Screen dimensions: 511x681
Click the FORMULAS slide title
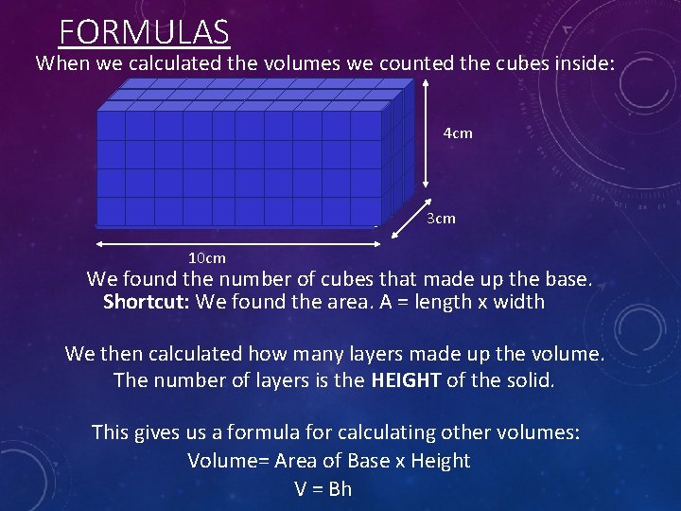(144, 32)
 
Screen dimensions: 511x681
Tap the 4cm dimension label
(458, 133)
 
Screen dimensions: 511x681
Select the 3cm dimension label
(441, 219)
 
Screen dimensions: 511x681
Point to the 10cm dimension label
(207, 257)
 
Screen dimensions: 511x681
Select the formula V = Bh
(323, 489)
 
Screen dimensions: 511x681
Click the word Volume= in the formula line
(223, 461)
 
